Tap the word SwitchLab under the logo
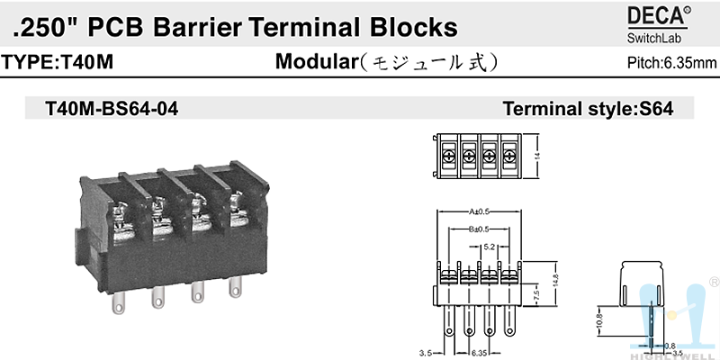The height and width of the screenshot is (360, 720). tap(654, 38)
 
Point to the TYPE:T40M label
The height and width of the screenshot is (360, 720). tap(58, 63)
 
